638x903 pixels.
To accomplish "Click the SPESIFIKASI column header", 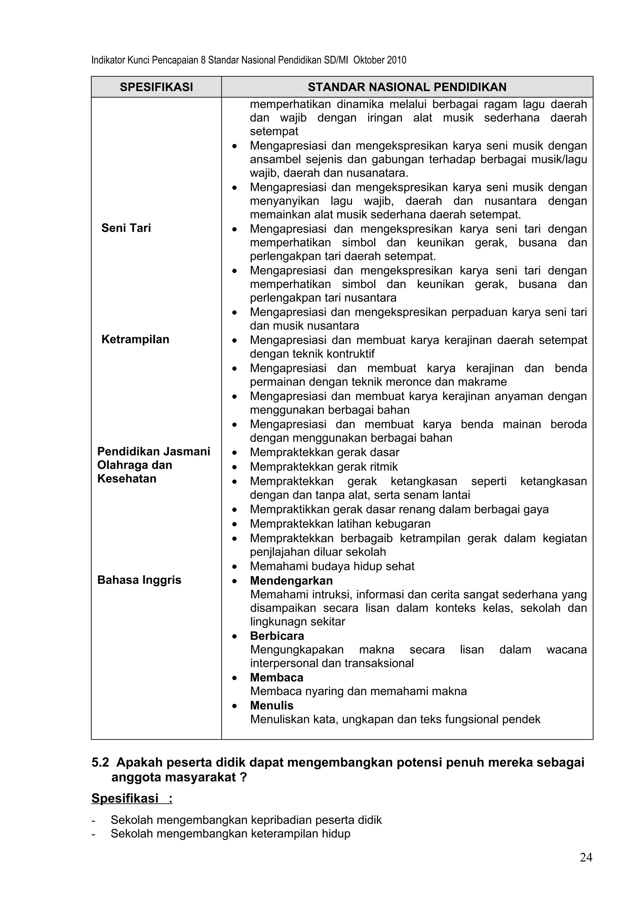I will tap(156, 87).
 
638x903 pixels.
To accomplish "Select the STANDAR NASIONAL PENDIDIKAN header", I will tap(407, 87).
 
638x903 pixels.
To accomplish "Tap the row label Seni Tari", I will tap(126, 228).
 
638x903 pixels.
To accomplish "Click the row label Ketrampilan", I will tap(135, 339).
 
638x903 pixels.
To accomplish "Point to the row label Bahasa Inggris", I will tap(139, 580).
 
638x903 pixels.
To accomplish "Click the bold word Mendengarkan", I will tap(291, 580).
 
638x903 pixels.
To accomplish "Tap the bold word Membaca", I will tap(277, 678).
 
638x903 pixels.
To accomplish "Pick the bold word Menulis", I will tap(272, 705).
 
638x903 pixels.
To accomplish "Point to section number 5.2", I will tap(100, 762).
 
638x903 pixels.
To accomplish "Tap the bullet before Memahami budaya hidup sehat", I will tap(235, 567).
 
